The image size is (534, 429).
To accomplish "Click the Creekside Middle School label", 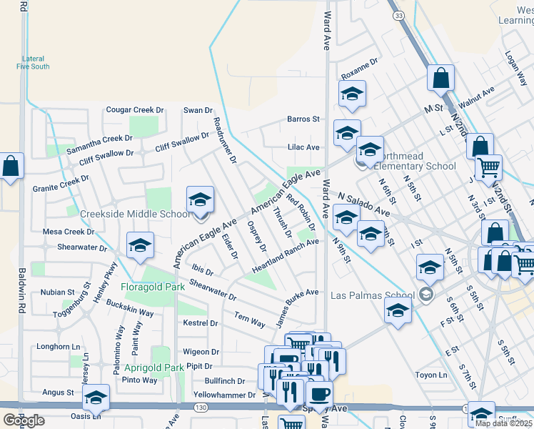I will tap(136, 214).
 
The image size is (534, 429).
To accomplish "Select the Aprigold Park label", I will tap(155, 368).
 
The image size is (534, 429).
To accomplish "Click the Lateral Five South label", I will tap(34, 63).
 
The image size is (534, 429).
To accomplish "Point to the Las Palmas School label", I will tap(373, 295).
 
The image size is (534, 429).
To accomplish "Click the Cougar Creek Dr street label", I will tap(135, 110).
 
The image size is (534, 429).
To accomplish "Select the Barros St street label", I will tap(303, 119).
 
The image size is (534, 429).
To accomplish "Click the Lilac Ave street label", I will tap(303, 147).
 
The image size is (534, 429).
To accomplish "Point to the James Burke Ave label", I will tap(297, 307).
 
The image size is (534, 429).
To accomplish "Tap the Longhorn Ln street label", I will tap(60, 347).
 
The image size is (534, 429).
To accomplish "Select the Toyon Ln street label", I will tap(433, 375).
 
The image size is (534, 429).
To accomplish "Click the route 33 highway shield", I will tap(399, 15).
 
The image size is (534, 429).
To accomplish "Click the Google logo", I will tap(24, 421).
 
